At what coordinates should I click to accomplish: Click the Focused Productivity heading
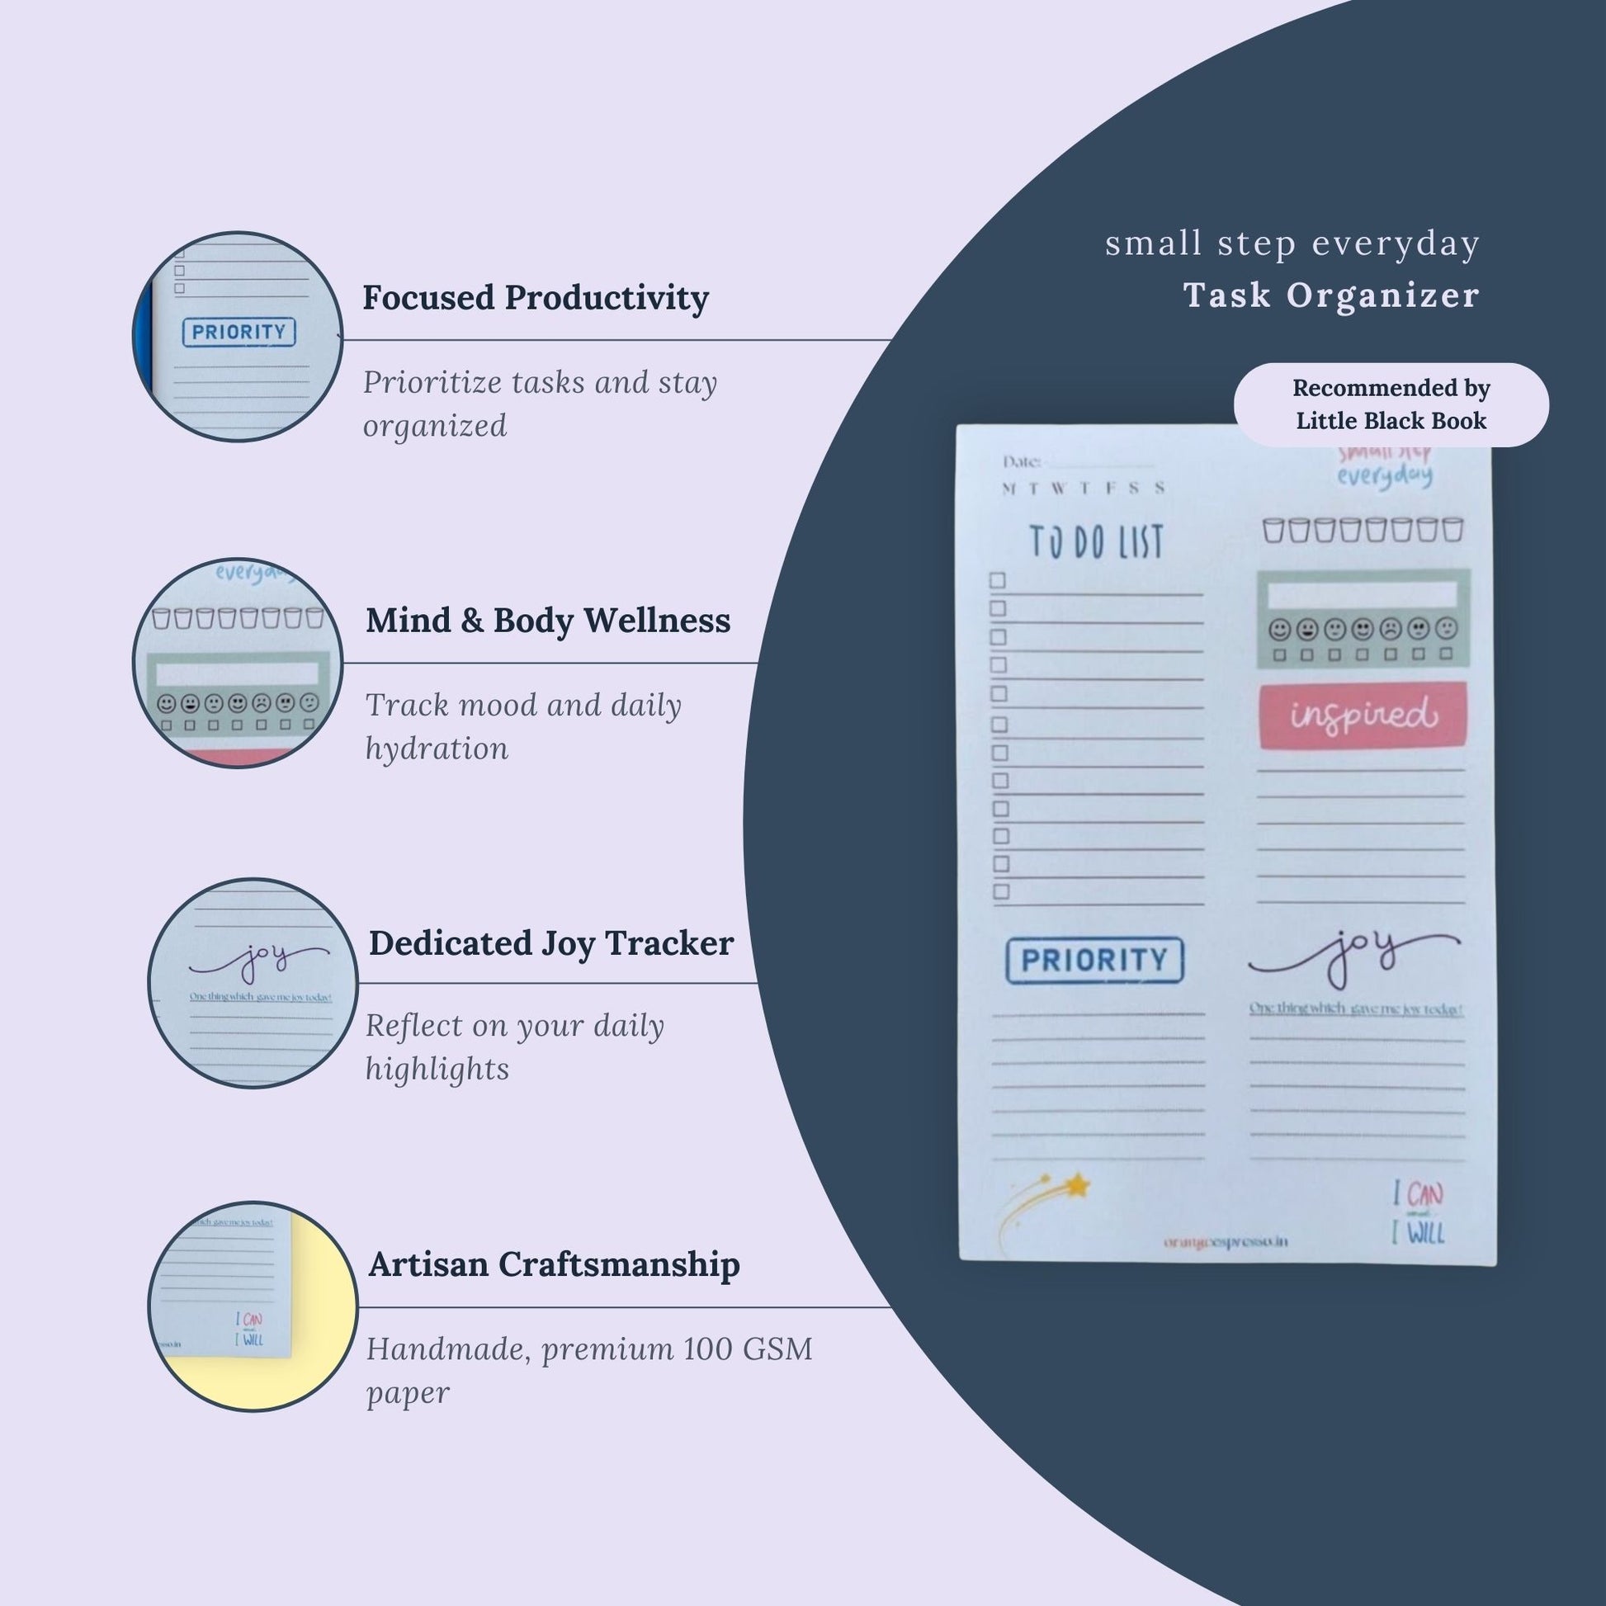[x=536, y=298]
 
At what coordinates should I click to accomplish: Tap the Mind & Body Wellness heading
[x=548, y=620]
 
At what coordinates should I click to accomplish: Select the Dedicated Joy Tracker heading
[x=551, y=942]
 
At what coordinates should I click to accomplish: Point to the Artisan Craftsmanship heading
[x=554, y=1264]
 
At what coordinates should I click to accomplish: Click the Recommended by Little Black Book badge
[x=1391, y=405]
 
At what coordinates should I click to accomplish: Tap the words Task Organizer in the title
[x=1331, y=295]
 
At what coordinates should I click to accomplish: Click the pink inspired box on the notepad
[x=1362, y=716]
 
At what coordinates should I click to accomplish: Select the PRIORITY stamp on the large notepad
[x=1094, y=960]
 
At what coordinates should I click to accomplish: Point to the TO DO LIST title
[x=1096, y=542]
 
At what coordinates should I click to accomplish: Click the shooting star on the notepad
[x=1047, y=1202]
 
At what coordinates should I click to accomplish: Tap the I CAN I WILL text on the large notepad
[x=1418, y=1215]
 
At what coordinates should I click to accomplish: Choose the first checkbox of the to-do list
[x=998, y=580]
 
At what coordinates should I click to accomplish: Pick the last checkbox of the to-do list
[x=1001, y=892]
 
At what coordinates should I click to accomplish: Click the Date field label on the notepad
[x=1022, y=461]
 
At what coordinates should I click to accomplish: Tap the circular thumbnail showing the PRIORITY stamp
[x=238, y=337]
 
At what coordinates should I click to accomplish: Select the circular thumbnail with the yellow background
[x=253, y=1306]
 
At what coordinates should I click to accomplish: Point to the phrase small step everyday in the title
[x=1292, y=243]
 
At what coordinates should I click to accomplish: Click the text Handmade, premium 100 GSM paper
[x=588, y=1370]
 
